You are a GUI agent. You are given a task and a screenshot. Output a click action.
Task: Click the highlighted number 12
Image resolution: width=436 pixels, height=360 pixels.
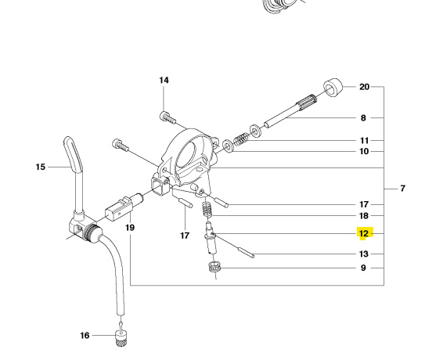[x=363, y=233]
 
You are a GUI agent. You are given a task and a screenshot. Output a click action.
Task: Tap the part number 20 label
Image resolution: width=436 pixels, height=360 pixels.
[x=364, y=87]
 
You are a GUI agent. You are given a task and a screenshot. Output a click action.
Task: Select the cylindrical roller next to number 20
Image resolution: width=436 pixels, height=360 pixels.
[x=334, y=87]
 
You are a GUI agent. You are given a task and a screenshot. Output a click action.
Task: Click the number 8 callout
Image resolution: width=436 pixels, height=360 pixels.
[x=363, y=118]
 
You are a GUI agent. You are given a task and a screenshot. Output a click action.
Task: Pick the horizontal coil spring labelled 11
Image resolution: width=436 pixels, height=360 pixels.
[x=243, y=139]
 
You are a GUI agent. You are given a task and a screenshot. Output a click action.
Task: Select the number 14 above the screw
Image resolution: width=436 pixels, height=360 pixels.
[x=164, y=81]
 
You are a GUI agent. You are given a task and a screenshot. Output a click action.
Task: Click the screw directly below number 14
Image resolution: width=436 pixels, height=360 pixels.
[x=165, y=117]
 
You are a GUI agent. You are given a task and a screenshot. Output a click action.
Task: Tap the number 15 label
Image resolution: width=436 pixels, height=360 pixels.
[x=41, y=167]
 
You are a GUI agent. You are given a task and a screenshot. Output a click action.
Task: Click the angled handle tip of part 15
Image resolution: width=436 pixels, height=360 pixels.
[x=70, y=147]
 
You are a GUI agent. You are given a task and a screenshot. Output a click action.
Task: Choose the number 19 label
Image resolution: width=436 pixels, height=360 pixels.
[x=130, y=228]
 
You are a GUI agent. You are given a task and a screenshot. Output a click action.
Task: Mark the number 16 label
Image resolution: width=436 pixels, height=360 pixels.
[x=85, y=336]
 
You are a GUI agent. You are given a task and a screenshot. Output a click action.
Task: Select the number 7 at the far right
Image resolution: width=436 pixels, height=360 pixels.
[x=402, y=189]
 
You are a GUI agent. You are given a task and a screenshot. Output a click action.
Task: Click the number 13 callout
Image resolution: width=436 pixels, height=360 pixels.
[x=363, y=254]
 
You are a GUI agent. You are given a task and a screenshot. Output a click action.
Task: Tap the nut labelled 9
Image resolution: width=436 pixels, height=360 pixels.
[x=214, y=268]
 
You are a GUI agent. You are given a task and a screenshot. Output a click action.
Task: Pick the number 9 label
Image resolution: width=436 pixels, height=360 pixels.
[x=363, y=268]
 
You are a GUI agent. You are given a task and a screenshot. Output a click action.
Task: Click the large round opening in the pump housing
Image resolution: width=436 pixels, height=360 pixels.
[x=193, y=159]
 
